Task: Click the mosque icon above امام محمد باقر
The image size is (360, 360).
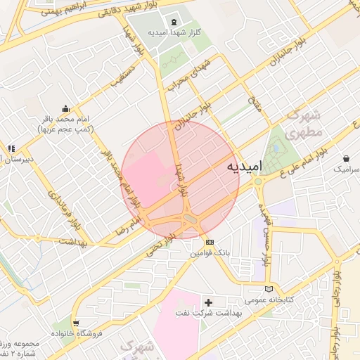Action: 66,108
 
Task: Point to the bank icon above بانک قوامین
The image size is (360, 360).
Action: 209,242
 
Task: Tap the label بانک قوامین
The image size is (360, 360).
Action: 209,253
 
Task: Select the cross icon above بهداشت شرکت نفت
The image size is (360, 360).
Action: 208,302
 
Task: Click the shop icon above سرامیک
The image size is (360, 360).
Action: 347,159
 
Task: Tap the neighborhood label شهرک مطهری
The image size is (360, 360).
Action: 305,122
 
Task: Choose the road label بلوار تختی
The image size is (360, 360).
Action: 156,246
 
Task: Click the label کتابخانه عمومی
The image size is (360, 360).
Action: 268,300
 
